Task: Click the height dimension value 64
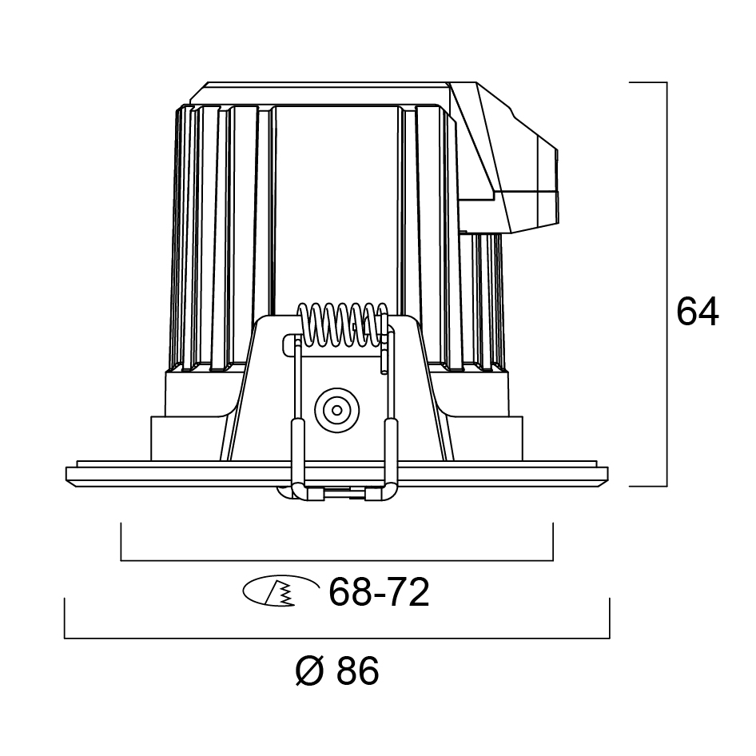(x=697, y=312)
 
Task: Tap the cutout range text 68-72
(x=379, y=592)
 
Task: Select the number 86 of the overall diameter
(x=358, y=670)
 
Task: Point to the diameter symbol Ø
(x=309, y=670)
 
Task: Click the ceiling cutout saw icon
(x=281, y=590)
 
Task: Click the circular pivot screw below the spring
(x=337, y=410)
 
